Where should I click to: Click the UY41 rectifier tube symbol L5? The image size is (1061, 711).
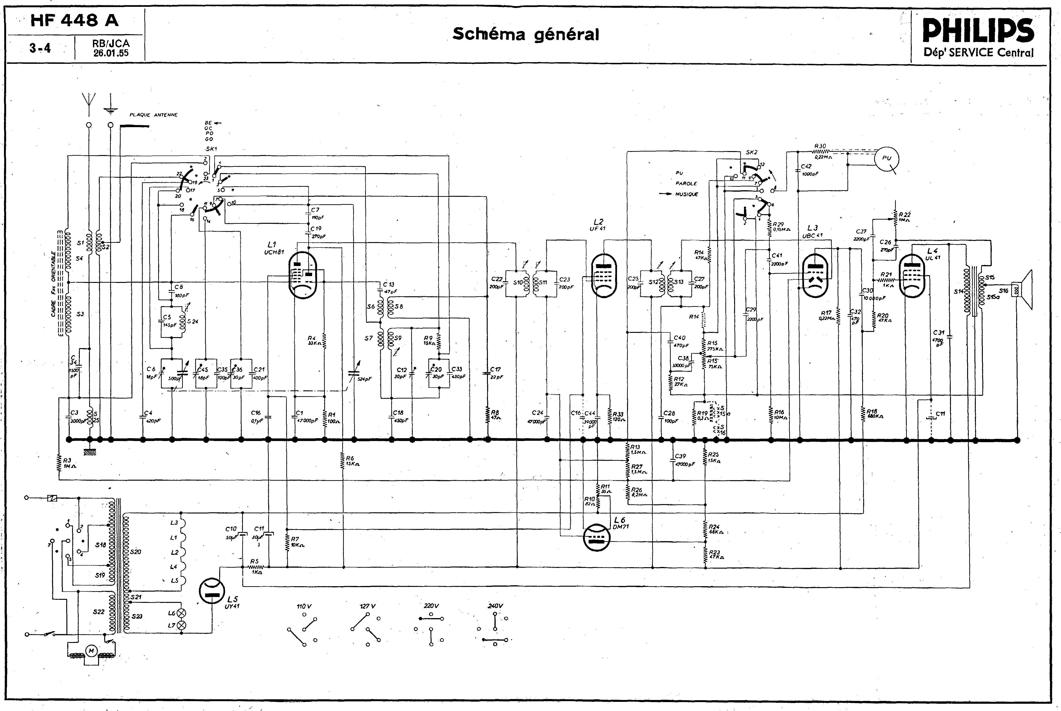[x=212, y=591]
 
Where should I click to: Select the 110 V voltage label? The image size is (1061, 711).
[x=304, y=606]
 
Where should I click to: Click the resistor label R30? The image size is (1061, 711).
[x=820, y=146]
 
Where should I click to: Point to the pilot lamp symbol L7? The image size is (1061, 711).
[x=183, y=625]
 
